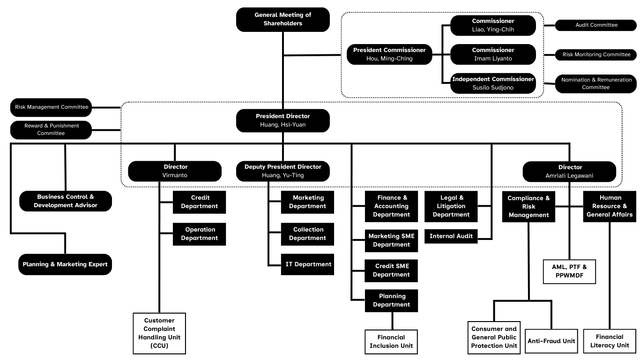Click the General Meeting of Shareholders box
[283, 19]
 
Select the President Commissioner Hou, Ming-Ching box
[389, 54]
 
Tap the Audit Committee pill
[596, 25]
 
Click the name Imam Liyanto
[493, 59]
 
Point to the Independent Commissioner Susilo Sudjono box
[493, 83]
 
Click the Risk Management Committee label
[52, 107]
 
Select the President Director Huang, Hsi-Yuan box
[283, 120]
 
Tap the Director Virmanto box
[175, 171]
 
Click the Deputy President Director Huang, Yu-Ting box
[283, 171]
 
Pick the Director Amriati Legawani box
[570, 171]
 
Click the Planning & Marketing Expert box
[65, 264]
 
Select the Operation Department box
[200, 234]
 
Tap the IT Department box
[308, 264]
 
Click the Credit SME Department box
[391, 270]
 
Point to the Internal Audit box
[451, 236]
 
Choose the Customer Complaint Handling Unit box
[159, 333]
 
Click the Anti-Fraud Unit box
[551, 341]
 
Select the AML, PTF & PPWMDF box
[569, 271]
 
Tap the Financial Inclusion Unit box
[391, 341]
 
